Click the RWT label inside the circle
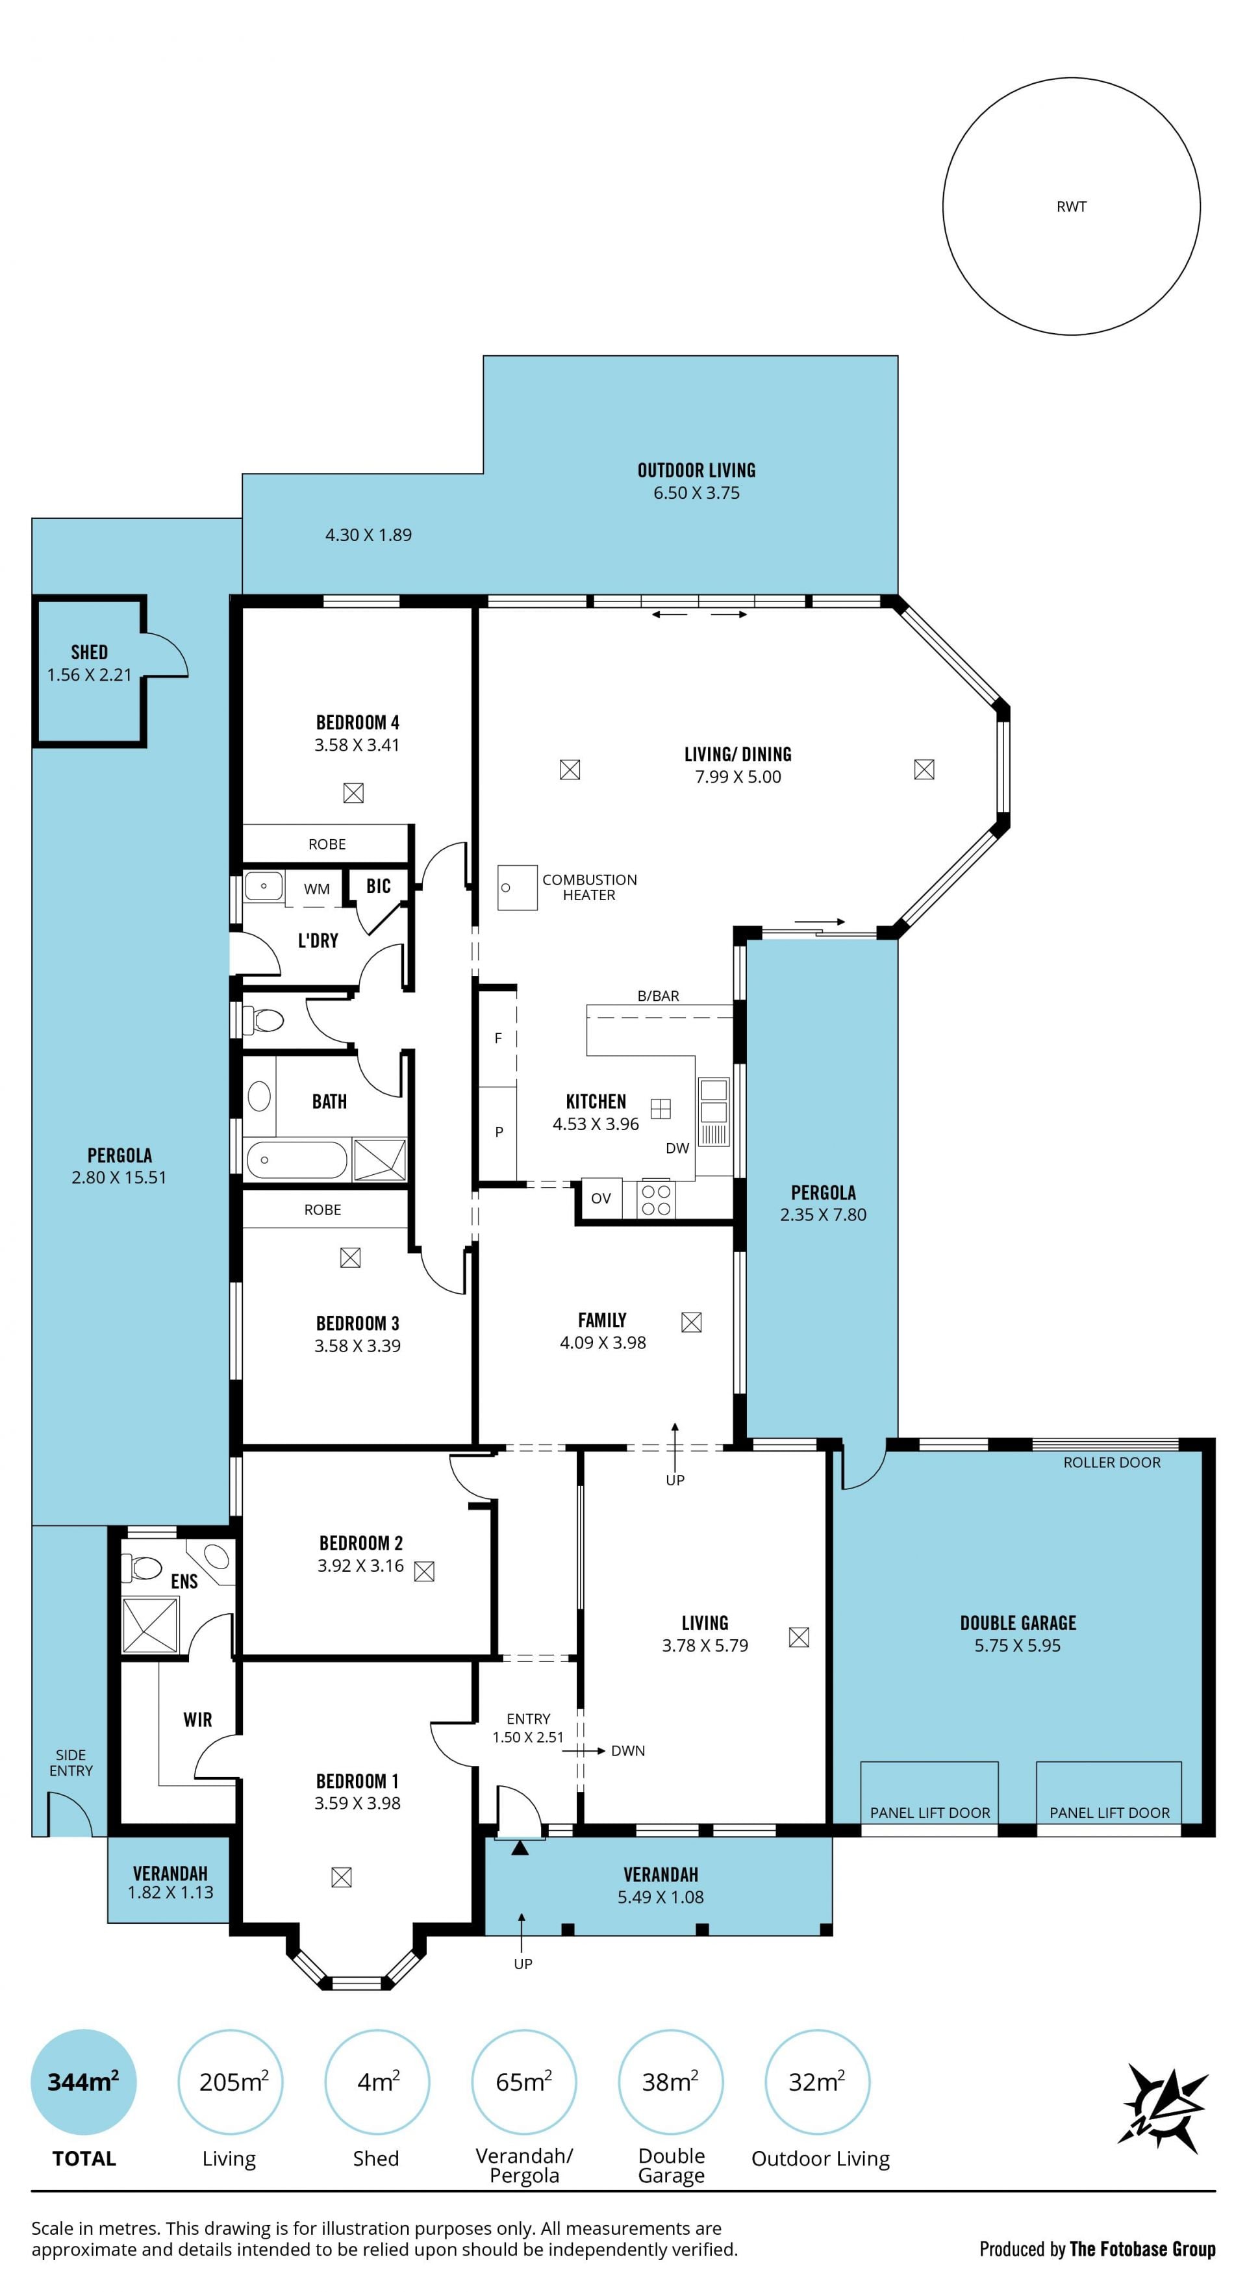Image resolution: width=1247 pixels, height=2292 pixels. [1071, 207]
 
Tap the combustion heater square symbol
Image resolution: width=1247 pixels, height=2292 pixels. [517, 887]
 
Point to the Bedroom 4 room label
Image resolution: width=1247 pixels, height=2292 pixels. [358, 722]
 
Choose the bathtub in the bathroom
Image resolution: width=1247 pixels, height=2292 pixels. [296, 1159]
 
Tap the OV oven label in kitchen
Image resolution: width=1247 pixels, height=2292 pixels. [601, 1198]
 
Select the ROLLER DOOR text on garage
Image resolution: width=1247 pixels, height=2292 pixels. [1112, 1462]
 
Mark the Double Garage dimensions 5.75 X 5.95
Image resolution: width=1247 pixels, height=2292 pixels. [1018, 1645]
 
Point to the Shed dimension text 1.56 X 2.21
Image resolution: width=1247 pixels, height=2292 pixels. [89, 674]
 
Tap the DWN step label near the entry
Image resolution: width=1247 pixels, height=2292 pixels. [628, 1750]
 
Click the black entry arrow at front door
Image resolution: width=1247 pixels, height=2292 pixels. [520, 1848]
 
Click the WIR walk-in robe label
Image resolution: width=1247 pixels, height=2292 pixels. [197, 1720]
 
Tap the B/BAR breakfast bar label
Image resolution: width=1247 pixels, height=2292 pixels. [658, 996]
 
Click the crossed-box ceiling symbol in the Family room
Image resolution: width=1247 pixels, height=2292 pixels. [691, 1322]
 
